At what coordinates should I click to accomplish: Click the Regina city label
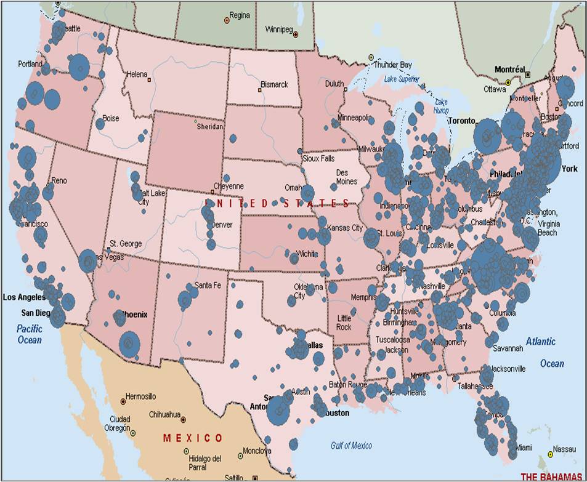click(x=240, y=15)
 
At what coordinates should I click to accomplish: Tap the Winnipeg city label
click(x=278, y=29)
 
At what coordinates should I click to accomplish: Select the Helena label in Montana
click(x=137, y=74)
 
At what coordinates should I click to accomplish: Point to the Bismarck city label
click(x=274, y=84)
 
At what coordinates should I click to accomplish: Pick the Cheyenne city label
click(x=228, y=186)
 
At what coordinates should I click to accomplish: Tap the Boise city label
click(x=111, y=118)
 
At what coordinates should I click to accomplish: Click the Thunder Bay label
click(x=392, y=65)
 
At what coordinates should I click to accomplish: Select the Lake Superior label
click(x=401, y=79)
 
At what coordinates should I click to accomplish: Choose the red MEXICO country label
click(x=193, y=438)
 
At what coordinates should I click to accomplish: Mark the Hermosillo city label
click(x=140, y=396)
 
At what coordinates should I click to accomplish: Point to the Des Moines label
click(x=346, y=177)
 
